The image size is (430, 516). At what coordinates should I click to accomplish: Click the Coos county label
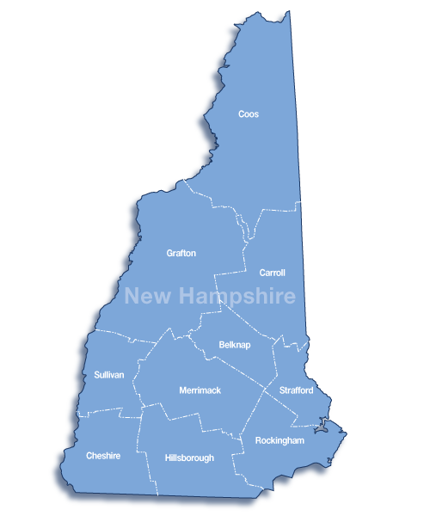point(249,114)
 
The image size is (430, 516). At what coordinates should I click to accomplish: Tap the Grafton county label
point(181,254)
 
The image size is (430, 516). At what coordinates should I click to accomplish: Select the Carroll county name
point(273,273)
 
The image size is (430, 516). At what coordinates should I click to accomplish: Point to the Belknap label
point(234,345)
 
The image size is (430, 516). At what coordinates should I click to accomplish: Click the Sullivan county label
point(109,375)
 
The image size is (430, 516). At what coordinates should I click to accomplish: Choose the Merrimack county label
point(200,390)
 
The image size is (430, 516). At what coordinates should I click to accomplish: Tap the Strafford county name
point(296,391)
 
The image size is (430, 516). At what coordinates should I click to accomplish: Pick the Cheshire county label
point(102,456)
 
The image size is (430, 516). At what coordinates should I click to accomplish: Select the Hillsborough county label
point(189,458)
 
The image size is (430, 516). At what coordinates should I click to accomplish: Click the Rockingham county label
point(280,440)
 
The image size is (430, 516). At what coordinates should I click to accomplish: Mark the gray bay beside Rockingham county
point(322,424)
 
